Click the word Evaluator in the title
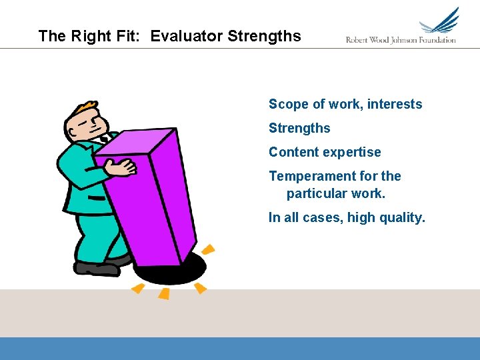click(x=187, y=36)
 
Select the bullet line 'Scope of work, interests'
click(x=345, y=104)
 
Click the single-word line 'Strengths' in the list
click(x=299, y=128)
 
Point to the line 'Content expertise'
click(x=325, y=152)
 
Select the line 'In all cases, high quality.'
click(x=346, y=217)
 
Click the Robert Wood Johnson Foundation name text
click(x=401, y=40)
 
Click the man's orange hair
click(x=85, y=108)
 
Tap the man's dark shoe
click(x=97, y=269)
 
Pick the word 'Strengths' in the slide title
click(x=264, y=36)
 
